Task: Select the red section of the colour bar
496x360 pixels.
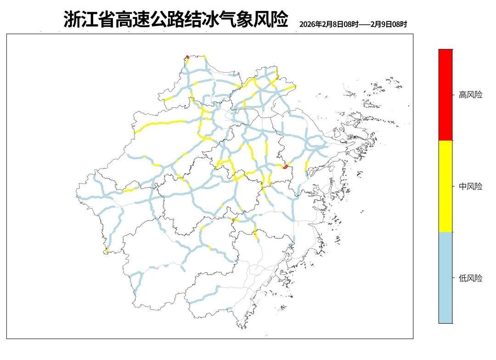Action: coord(445,94)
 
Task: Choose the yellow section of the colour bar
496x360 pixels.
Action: coord(445,186)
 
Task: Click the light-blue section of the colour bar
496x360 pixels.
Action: coord(445,277)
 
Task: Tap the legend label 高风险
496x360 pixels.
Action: coord(471,95)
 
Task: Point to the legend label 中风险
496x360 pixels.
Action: coord(471,186)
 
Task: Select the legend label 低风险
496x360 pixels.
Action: coord(471,278)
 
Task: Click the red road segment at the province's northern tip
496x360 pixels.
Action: coord(188,57)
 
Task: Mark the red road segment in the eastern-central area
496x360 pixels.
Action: coord(285,167)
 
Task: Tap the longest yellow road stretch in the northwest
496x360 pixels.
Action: coord(161,124)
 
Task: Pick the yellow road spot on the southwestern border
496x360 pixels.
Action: coord(106,250)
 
